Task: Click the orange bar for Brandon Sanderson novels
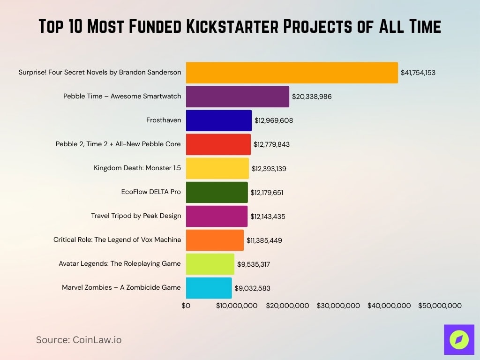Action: click(x=292, y=73)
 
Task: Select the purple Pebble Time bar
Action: click(x=237, y=97)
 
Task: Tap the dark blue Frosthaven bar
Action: click(x=218, y=120)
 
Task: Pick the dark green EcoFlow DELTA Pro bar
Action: click(x=217, y=192)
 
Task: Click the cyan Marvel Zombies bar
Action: click(x=209, y=288)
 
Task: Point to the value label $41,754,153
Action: click(x=418, y=73)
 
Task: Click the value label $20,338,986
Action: click(x=312, y=97)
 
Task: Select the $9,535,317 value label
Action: click(x=253, y=264)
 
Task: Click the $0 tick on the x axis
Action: click(x=186, y=306)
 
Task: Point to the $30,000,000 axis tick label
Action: click(x=338, y=306)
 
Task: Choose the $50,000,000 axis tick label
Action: click(x=440, y=306)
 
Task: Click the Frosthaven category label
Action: click(x=164, y=120)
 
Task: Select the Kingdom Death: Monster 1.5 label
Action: click(x=137, y=168)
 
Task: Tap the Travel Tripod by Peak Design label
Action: click(x=136, y=216)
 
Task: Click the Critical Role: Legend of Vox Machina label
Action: click(x=117, y=240)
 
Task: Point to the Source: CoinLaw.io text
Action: click(x=79, y=340)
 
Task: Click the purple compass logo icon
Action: click(x=459, y=339)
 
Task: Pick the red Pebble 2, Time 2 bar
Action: click(x=218, y=144)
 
